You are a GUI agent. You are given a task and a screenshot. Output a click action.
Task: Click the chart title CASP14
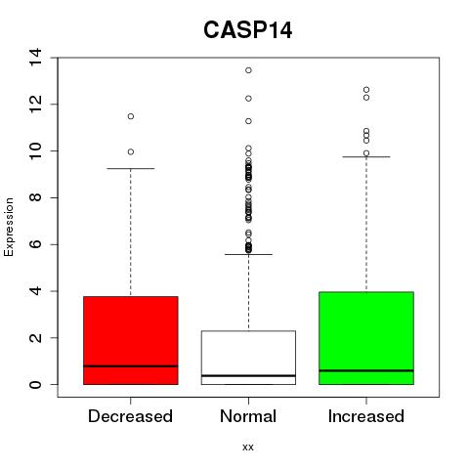tap(248, 30)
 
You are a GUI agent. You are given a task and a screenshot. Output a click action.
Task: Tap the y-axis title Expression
tap(9, 227)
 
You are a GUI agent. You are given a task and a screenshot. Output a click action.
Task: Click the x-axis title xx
tap(248, 447)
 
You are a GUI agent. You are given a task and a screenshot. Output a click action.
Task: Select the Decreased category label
tap(130, 416)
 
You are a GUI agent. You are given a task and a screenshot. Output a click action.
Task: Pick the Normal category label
tap(248, 416)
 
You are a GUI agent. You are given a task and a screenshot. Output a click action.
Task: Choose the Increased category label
tap(366, 416)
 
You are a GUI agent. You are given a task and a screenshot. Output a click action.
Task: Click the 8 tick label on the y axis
tap(35, 197)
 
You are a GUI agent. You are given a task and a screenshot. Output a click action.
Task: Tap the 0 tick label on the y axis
tap(35, 384)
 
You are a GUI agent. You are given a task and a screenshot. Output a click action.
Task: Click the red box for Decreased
tap(131, 340)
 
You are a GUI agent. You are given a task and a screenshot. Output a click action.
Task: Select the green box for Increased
tap(366, 338)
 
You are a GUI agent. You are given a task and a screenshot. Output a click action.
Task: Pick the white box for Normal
tap(248, 358)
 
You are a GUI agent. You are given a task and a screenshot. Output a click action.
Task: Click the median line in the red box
tap(131, 366)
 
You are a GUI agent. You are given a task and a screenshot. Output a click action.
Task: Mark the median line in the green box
tap(366, 370)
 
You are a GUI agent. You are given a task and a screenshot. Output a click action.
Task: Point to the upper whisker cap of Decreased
tap(131, 169)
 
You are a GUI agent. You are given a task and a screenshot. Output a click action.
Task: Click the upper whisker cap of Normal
tap(248, 254)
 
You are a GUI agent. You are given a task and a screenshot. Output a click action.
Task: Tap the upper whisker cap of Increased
tap(366, 156)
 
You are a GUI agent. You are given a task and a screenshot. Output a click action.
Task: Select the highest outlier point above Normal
tap(248, 70)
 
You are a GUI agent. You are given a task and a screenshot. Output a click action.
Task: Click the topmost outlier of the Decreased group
tap(131, 116)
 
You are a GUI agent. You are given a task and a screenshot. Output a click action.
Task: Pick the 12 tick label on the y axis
tap(35, 105)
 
